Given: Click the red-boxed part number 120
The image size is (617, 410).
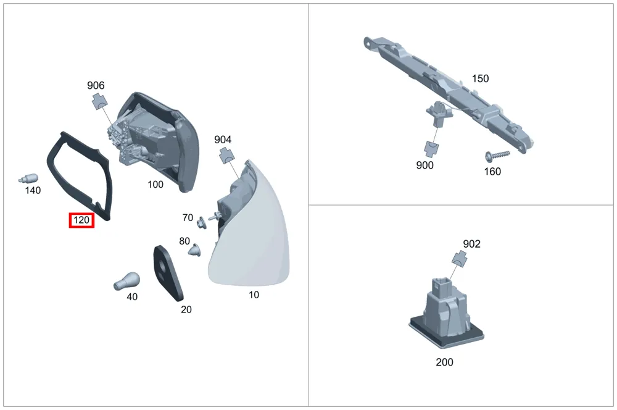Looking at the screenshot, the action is pos(81,220).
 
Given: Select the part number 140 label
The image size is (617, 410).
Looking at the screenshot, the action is pos(33,191).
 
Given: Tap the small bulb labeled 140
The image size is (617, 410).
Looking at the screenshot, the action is pos(28,178).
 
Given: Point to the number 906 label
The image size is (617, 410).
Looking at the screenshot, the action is pos(96,85).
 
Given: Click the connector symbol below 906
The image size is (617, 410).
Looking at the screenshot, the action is pos(100,102).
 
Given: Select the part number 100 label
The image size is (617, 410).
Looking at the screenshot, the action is pos(155,185).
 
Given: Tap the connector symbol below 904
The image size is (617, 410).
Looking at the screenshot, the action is pos(228,155).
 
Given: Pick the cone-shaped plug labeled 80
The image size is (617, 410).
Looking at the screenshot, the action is pos(194,250).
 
